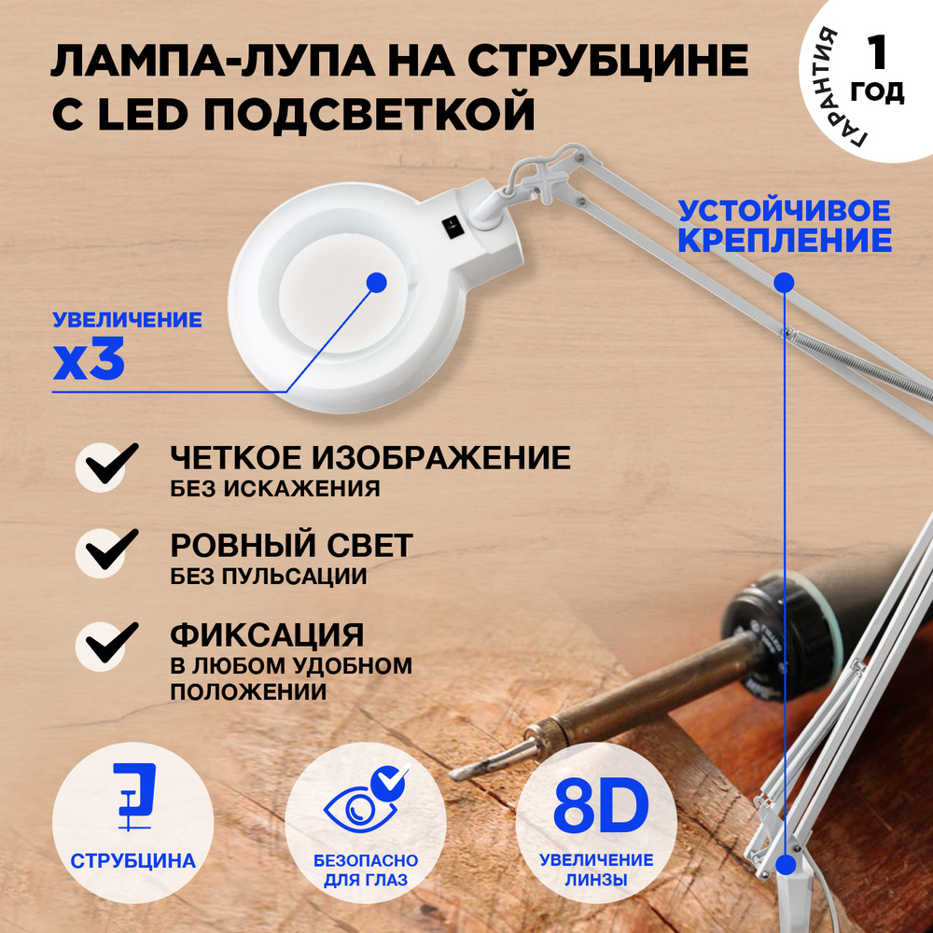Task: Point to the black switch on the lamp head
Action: point(449,225)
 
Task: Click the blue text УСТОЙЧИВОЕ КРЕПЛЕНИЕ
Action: point(785,225)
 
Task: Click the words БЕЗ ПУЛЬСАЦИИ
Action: point(269,577)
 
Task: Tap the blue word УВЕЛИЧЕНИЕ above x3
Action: point(127,321)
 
